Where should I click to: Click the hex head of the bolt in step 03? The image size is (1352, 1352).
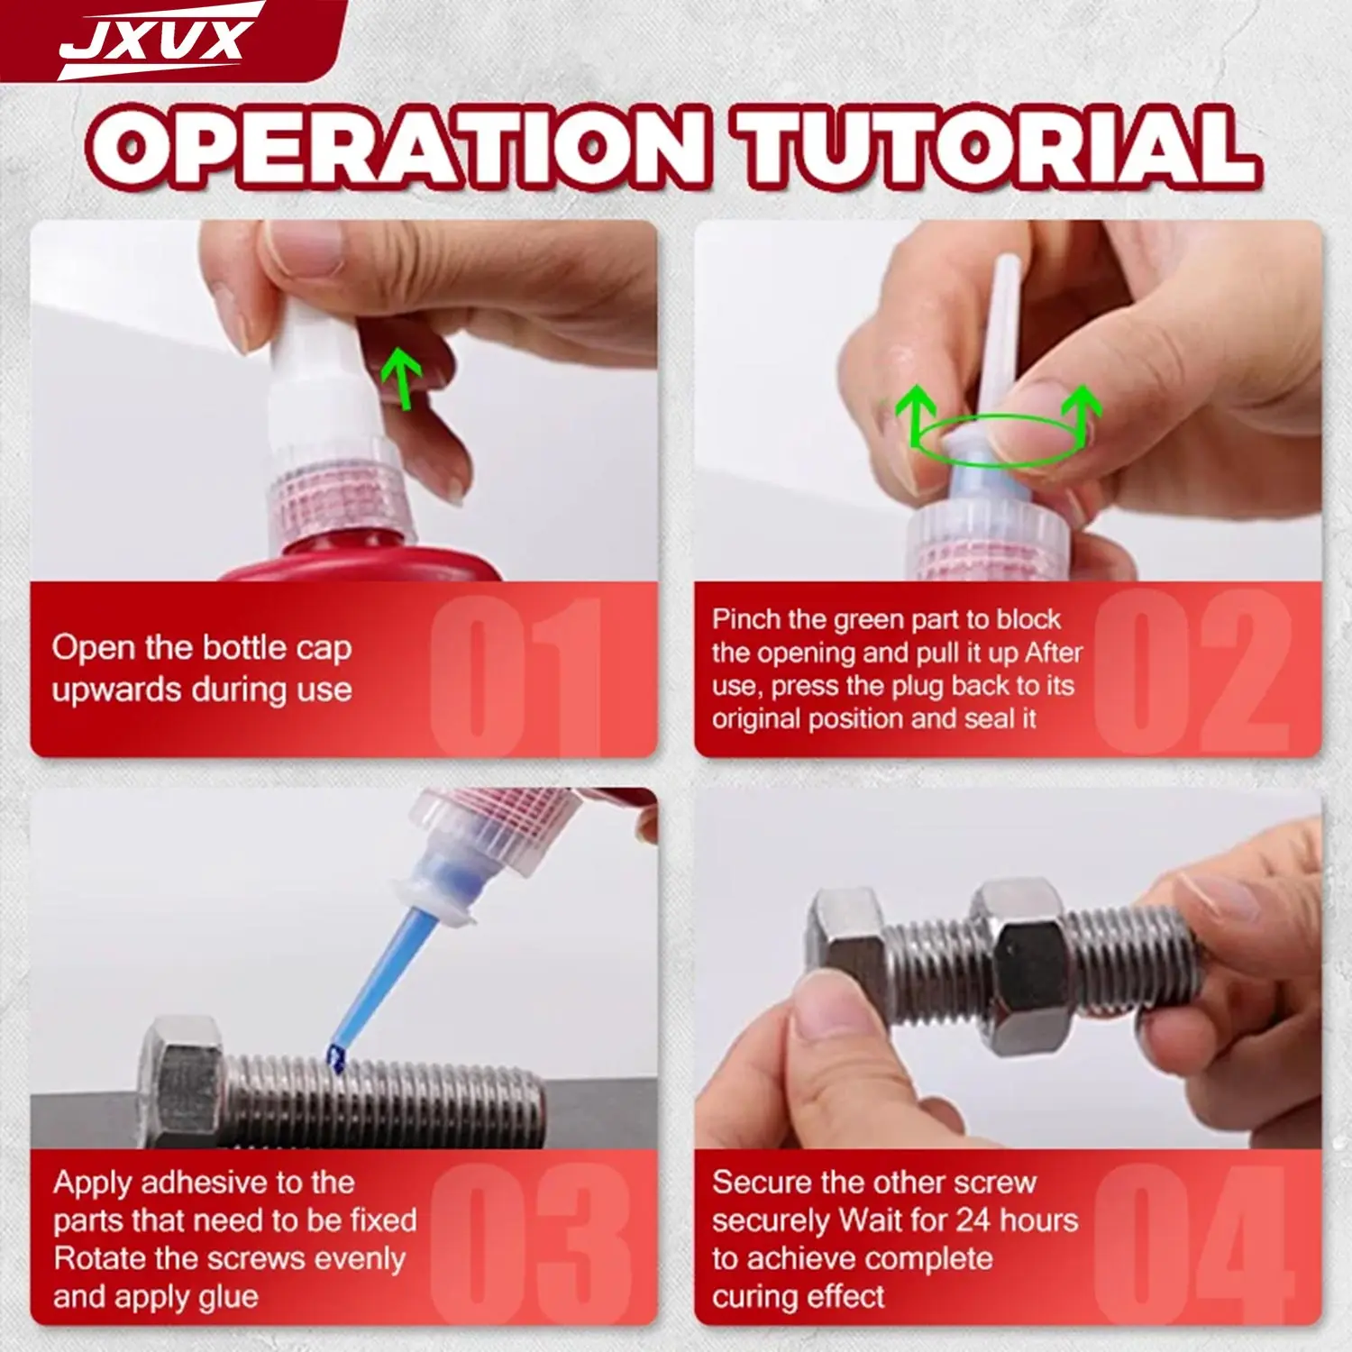pyautogui.click(x=185, y=1078)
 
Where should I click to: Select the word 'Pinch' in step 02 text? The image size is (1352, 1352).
pyautogui.click(x=745, y=620)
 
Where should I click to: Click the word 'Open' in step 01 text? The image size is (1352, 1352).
pyautogui.click(x=88, y=648)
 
